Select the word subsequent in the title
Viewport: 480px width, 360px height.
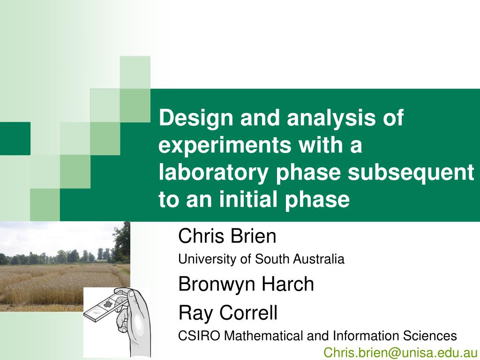click(411, 172)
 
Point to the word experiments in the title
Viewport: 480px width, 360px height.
click(225, 145)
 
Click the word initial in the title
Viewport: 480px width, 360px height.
click(248, 199)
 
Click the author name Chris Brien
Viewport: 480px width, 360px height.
click(227, 236)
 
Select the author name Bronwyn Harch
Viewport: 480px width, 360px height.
click(246, 284)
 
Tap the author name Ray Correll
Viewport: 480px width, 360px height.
click(228, 313)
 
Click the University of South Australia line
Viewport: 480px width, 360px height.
click(261, 259)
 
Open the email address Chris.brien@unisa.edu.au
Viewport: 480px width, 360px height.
click(400, 352)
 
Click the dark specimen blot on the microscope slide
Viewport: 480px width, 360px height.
click(107, 304)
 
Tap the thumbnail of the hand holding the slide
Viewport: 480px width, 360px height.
click(117, 322)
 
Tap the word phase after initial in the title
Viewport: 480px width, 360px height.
click(317, 199)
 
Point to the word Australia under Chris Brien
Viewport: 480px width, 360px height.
click(318, 259)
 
